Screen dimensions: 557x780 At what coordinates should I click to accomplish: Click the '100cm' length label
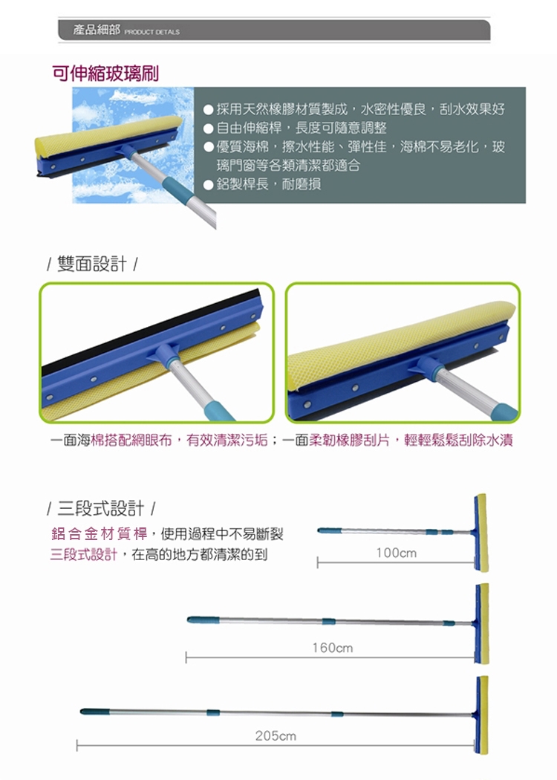pos(397,553)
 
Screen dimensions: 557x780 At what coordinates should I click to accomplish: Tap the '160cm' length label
pos(333,648)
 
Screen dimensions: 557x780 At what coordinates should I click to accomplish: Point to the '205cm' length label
pos(276,735)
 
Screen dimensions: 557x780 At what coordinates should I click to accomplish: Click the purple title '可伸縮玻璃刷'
pos(105,74)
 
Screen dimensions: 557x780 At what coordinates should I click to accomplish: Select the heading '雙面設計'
pos(92,264)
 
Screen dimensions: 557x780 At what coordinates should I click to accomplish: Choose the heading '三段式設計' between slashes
pos(101,508)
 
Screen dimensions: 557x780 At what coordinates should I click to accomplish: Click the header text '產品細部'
pos(97,30)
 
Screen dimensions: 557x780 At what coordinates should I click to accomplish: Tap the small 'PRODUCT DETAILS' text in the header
pos(152,32)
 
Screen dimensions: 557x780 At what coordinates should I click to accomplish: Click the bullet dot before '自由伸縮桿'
pos(209,129)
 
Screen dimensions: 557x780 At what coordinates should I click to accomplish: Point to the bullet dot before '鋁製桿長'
pos(209,184)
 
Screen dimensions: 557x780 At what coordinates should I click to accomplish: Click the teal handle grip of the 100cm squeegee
pos(329,530)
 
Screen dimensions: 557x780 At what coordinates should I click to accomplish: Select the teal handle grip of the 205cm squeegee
pos(94,712)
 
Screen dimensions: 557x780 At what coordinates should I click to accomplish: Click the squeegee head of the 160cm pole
pos(481,624)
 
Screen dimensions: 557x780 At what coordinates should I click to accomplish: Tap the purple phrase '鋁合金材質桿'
pos(100,534)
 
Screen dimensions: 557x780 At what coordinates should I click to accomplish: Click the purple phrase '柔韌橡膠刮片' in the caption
pos(350,441)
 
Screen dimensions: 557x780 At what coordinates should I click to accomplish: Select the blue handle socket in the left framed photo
pos(163,351)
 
